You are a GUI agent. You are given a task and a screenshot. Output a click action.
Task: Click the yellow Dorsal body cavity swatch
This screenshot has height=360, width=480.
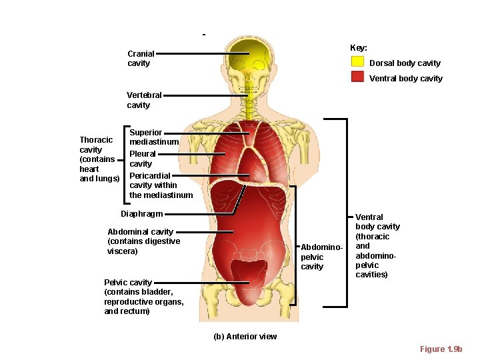357,62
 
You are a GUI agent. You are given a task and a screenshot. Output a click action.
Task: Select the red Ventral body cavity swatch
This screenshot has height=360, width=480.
357,77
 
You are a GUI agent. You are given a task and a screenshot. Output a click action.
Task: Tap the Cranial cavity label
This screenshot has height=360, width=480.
141,59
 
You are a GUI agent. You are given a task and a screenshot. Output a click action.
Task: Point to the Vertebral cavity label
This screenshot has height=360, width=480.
144,100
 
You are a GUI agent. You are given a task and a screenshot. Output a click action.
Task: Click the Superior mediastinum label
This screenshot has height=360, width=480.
154,137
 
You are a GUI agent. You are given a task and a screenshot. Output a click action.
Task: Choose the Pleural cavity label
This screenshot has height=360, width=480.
142,159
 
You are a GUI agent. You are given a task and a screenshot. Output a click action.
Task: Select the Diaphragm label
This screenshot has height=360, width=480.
141,214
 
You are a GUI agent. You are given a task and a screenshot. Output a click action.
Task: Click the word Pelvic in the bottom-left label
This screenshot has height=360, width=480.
117,283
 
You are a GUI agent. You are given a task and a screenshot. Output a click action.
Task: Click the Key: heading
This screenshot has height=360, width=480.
359,48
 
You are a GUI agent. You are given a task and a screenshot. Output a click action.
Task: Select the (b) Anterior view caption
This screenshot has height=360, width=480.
245,336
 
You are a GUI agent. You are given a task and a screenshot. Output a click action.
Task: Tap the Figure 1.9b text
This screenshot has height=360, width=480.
441,349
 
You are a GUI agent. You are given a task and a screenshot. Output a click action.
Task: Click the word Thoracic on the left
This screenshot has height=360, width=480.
96,140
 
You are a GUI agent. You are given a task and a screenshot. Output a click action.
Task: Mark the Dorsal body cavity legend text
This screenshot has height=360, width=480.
405,63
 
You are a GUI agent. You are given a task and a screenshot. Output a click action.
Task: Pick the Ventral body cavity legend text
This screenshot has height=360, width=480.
405,79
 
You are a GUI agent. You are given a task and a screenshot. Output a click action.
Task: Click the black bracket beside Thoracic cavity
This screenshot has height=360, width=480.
125,163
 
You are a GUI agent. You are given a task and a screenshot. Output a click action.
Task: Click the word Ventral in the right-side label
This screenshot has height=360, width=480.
369,217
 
